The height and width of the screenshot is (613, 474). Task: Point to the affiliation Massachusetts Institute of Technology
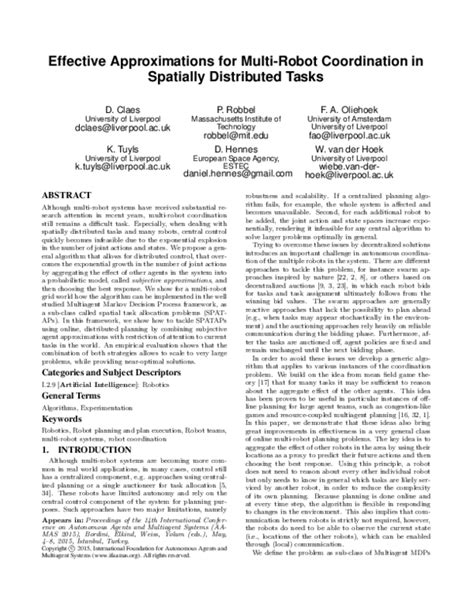pos(236,123)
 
